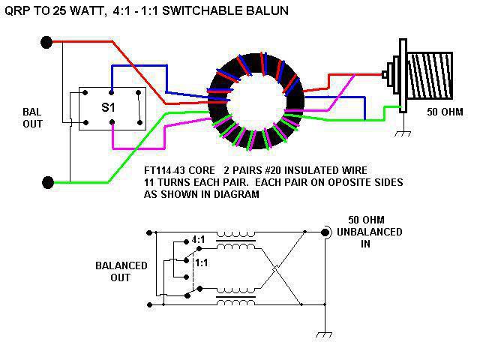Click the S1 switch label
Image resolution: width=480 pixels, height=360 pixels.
(108, 107)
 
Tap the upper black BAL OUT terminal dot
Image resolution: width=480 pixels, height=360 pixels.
(46, 42)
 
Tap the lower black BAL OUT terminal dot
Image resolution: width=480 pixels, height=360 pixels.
(48, 183)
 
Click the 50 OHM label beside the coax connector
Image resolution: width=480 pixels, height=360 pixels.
(445, 112)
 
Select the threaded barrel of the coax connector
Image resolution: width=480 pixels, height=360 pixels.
(430, 76)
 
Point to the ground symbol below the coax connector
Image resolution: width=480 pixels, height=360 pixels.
(403, 133)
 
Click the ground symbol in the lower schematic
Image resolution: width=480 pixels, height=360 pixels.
(323, 334)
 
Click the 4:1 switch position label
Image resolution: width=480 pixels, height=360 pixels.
(198, 239)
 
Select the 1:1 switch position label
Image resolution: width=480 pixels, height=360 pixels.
(201, 262)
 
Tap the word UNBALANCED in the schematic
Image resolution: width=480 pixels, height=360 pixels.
(370, 232)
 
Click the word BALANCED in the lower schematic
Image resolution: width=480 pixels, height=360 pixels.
(121, 265)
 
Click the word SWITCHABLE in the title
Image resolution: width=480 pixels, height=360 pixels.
(199, 10)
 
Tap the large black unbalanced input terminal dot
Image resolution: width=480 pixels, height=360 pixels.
(325, 232)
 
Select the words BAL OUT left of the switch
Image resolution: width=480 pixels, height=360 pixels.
(32, 118)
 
